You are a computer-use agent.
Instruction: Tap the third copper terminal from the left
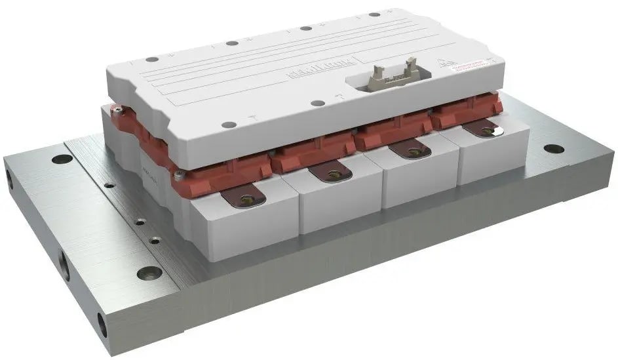pyautogui.click(x=413, y=151)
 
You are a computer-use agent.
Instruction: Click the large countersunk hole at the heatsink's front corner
pyautogui.click(x=149, y=272)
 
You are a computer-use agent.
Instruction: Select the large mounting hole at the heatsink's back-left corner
pyautogui.click(x=62, y=159)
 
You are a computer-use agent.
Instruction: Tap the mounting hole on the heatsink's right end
pyautogui.click(x=554, y=149)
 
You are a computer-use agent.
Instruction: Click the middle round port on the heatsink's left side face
pyautogui.click(x=64, y=266)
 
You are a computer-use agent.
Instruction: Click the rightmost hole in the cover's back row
pyautogui.click(x=375, y=14)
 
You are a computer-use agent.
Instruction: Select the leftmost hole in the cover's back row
pyautogui.click(x=151, y=60)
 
